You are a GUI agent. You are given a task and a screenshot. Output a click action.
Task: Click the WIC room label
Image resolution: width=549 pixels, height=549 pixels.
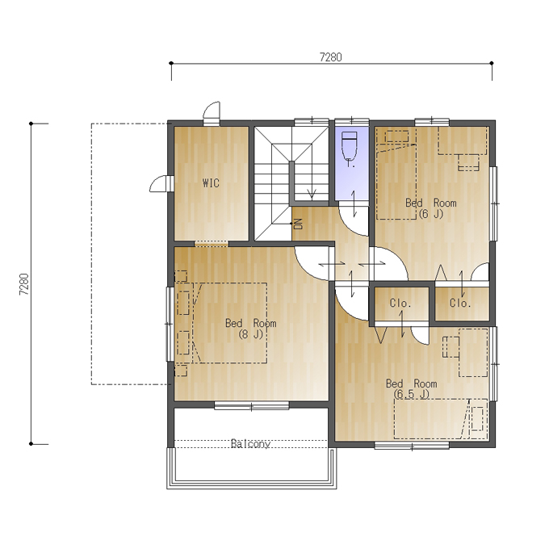click(211, 182)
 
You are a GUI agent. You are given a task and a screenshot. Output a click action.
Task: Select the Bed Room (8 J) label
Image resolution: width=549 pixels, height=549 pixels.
click(251, 329)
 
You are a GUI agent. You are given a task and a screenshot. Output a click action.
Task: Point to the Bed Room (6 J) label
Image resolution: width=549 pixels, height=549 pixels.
click(430, 208)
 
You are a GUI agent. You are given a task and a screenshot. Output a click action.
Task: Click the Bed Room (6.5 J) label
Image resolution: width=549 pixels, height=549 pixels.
click(412, 388)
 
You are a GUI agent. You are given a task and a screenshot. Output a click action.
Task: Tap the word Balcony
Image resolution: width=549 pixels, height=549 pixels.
click(251, 444)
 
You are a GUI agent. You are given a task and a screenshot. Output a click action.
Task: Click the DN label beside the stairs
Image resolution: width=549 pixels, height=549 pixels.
click(298, 224)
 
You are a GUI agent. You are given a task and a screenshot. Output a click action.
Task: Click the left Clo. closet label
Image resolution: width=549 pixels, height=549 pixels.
click(400, 303)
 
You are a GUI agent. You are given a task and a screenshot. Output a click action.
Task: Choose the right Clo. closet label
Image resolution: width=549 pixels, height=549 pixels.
click(460, 303)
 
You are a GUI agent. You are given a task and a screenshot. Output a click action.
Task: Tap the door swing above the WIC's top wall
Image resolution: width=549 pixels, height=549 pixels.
click(212, 112)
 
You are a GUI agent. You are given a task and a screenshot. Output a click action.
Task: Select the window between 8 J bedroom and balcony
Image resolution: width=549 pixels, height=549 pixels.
click(252, 406)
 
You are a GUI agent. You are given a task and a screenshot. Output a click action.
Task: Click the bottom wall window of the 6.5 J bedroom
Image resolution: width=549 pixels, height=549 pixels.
click(412, 446)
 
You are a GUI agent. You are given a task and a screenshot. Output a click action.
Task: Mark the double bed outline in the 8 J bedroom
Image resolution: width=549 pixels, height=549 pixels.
click(229, 323)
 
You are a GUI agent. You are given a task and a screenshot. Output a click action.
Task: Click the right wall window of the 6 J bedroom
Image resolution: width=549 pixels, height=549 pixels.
click(493, 203)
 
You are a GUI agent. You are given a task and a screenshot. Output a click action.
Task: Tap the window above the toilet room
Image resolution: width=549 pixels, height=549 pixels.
click(352, 122)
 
